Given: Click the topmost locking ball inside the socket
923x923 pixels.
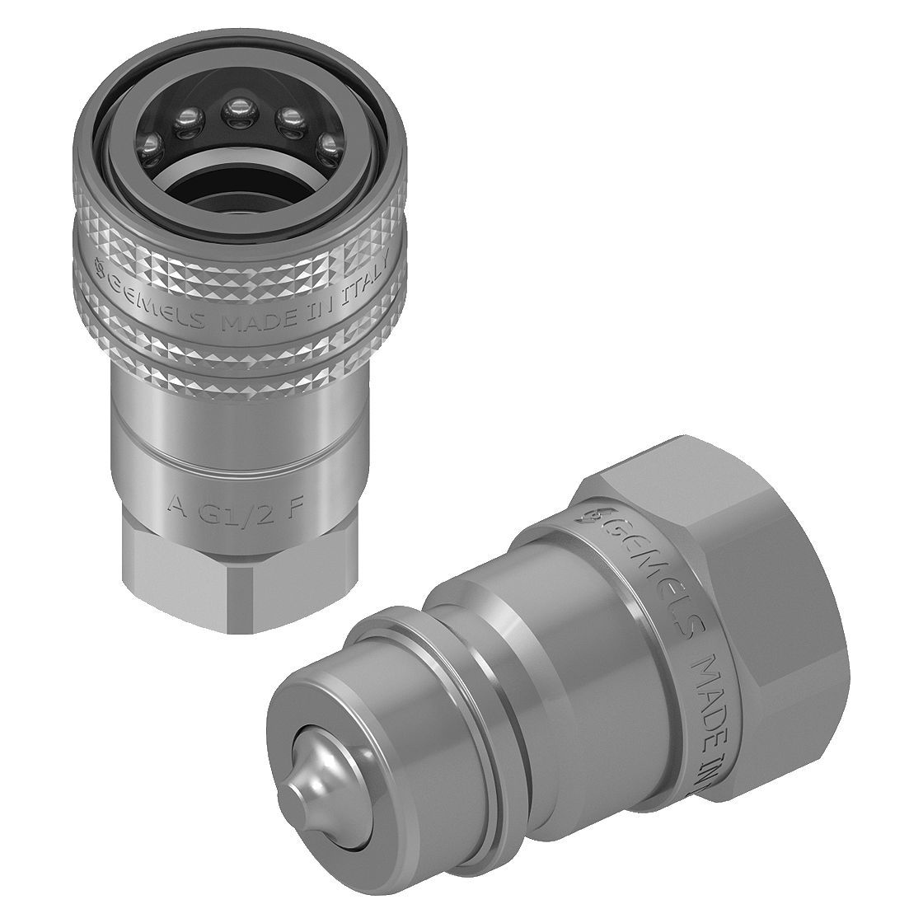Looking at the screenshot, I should pyautogui.click(x=240, y=108).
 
